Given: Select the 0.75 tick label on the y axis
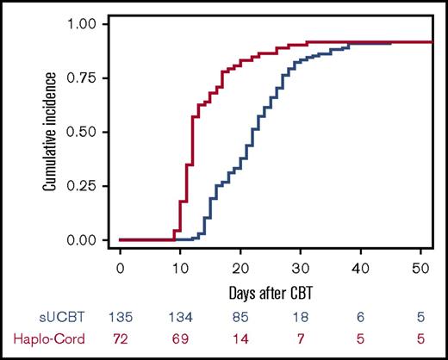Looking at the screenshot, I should point(90,78).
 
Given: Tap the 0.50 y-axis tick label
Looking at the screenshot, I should point(90,132).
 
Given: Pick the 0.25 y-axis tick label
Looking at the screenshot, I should point(90,186).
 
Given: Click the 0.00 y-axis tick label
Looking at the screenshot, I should point(90,240).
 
